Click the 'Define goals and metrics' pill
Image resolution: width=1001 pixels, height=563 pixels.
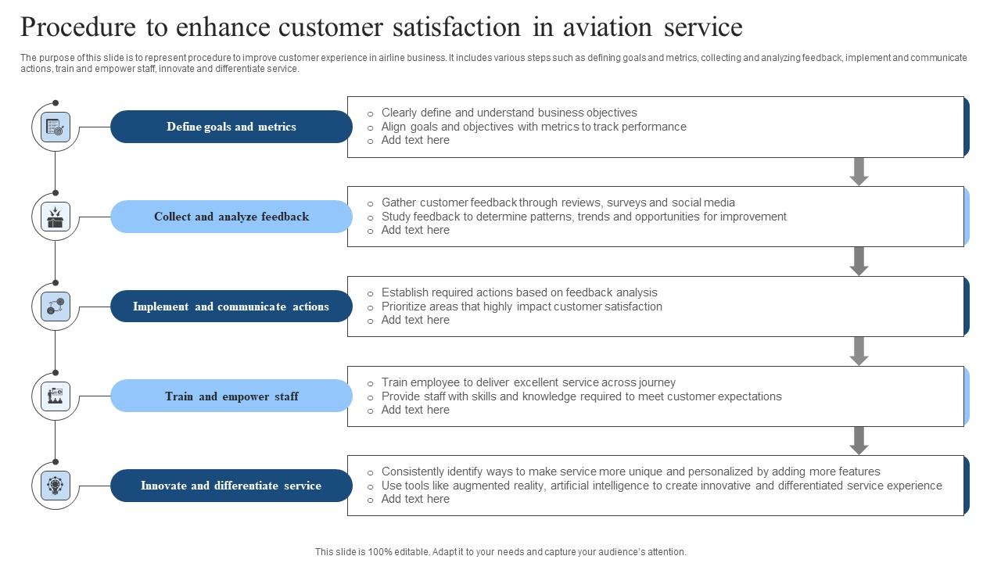(x=231, y=127)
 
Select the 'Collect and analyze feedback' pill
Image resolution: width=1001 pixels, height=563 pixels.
(x=231, y=217)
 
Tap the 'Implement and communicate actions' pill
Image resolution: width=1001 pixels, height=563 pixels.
(x=231, y=307)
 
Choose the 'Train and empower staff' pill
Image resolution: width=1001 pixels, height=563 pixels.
(x=231, y=396)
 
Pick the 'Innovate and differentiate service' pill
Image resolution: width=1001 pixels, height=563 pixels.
(x=231, y=486)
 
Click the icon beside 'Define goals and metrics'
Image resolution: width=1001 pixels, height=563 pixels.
(x=56, y=127)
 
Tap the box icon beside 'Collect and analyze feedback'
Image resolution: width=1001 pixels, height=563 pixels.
(x=56, y=217)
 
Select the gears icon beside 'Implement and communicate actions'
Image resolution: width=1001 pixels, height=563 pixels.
(x=56, y=307)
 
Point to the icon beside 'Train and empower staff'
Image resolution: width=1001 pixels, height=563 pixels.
(x=56, y=396)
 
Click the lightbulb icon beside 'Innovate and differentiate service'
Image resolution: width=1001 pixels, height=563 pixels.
(x=56, y=486)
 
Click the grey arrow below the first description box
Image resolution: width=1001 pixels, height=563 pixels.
(x=859, y=171)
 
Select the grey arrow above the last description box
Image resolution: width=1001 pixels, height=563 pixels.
(x=859, y=440)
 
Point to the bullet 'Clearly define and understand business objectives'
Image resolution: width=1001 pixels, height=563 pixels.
(x=509, y=113)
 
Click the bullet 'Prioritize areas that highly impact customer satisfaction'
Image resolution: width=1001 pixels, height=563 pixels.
(x=522, y=307)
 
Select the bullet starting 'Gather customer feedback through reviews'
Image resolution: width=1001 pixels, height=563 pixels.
(x=558, y=203)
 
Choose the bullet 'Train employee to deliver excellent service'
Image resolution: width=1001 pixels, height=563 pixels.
(x=528, y=382)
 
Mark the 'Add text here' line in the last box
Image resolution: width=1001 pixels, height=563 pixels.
(x=415, y=499)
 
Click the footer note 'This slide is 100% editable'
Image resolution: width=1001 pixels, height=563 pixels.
(x=500, y=551)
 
